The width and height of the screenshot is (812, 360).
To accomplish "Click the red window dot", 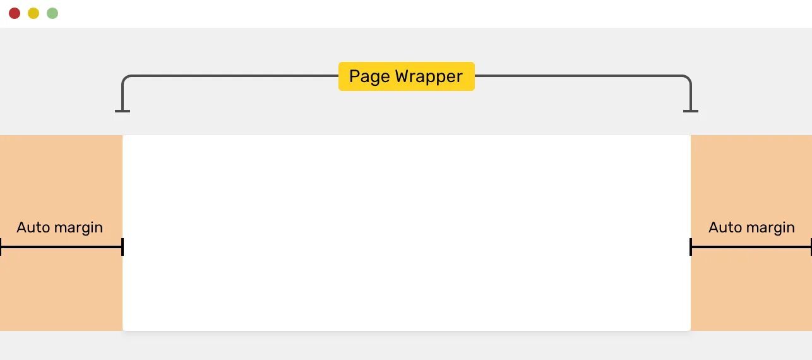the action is (x=15, y=13).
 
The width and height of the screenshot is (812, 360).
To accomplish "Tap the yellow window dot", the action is (x=33, y=13).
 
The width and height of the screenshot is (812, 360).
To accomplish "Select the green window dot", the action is (x=52, y=13).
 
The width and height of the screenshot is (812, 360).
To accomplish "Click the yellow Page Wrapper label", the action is (x=406, y=76).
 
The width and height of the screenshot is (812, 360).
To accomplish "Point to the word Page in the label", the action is (x=369, y=77).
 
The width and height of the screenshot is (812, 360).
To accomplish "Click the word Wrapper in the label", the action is (x=429, y=77).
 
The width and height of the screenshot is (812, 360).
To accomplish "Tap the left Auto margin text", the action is (x=59, y=227).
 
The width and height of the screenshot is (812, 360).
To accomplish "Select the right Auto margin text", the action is (x=751, y=227).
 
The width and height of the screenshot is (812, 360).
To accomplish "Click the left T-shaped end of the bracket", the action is (x=122, y=111).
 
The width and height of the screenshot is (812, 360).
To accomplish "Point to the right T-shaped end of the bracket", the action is (x=691, y=111).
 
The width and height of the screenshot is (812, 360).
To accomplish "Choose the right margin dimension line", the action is (x=751, y=247).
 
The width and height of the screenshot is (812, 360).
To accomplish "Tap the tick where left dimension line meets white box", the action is (x=122, y=247).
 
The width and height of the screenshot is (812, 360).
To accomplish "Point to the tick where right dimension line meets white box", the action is (x=691, y=247).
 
